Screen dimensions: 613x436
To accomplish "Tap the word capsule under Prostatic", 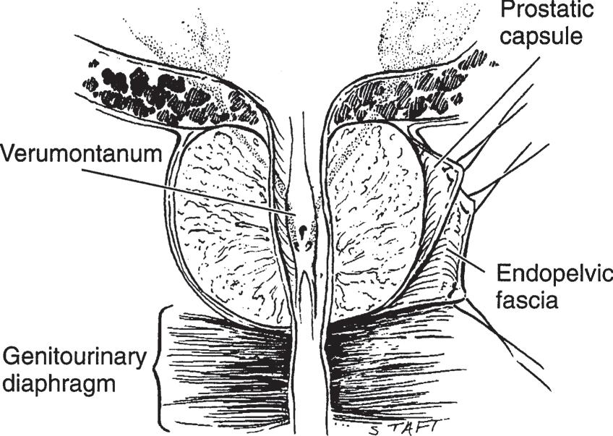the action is tap(548, 36).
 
